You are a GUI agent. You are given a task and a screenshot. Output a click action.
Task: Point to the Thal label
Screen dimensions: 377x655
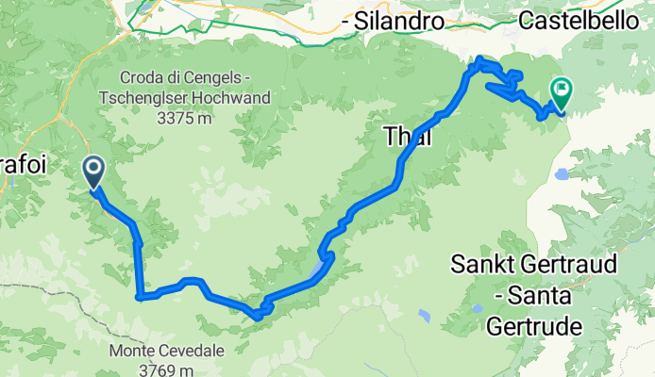pos(408,138)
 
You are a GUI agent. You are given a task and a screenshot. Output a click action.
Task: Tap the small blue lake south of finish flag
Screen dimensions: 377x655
pos(563,172)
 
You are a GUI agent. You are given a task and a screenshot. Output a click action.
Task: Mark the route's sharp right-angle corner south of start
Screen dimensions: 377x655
pos(140,297)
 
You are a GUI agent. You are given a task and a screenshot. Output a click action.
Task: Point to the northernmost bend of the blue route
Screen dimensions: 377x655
pos(481,60)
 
